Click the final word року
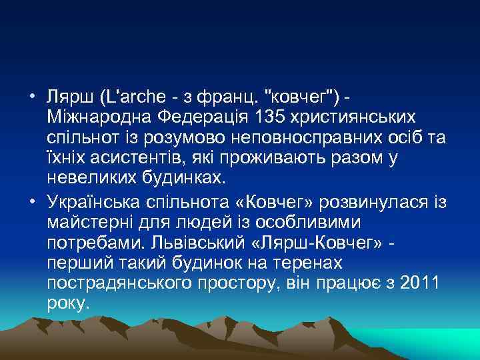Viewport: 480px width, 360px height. tap(68, 303)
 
